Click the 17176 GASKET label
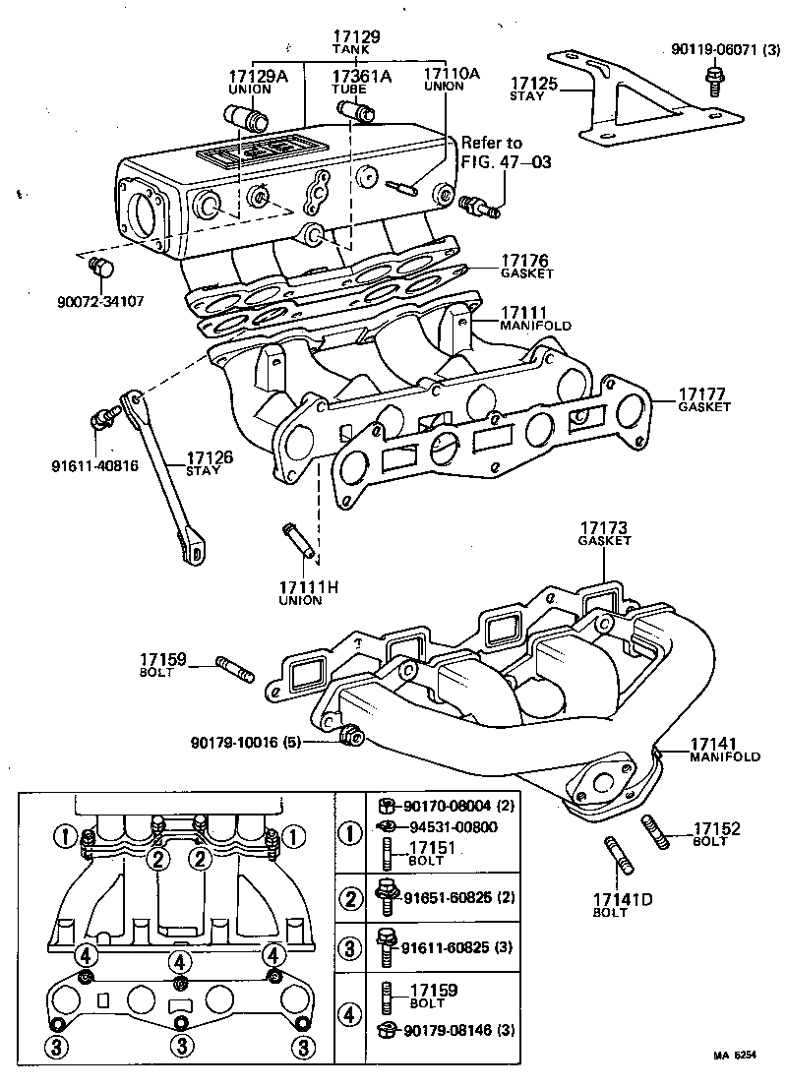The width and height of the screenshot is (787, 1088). (524, 267)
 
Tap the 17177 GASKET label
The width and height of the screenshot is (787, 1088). (703, 399)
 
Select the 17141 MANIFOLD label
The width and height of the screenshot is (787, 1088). (724, 749)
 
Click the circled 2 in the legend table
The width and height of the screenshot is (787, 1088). (350, 897)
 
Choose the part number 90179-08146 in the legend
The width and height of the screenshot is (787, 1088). (452, 1029)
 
